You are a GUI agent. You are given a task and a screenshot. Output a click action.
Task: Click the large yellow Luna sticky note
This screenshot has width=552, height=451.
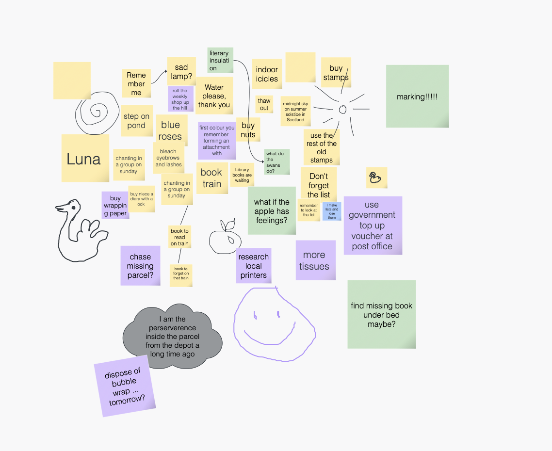click(x=85, y=158)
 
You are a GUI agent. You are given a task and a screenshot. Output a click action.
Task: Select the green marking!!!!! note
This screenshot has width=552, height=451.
click(x=418, y=96)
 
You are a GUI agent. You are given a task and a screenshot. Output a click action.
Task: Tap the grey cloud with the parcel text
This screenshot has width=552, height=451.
click(x=173, y=337)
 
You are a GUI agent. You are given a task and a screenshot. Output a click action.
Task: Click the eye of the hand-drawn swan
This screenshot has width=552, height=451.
click(x=74, y=208)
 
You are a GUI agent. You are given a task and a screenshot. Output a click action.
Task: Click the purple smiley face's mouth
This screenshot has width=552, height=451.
click(x=270, y=336)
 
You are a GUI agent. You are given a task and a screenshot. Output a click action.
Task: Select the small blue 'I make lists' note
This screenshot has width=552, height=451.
click(x=332, y=211)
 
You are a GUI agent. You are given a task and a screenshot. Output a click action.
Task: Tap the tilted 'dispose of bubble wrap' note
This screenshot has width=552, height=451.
click(x=125, y=386)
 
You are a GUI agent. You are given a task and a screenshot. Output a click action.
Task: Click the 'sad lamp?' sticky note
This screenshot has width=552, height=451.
click(x=181, y=71)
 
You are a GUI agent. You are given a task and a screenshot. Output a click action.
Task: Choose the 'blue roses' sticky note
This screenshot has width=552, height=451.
click(x=170, y=130)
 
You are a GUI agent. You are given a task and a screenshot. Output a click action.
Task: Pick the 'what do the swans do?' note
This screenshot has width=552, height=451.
click(x=277, y=162)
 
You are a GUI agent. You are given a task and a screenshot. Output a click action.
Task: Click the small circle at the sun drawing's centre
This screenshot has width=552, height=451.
click(x=342, y=110)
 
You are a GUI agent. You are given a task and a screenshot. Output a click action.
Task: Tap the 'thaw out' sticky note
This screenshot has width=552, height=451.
click(x=264, y=104)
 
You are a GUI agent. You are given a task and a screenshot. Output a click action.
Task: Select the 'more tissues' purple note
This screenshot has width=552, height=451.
click(x=316, y=260)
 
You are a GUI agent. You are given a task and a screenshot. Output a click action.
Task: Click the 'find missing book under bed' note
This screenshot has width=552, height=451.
click(x=382, y=314)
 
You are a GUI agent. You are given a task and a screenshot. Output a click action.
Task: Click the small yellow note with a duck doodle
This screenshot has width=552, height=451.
click(x=377, y=178)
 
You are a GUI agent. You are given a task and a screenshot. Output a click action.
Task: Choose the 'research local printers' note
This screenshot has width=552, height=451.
click(x=254, y=266)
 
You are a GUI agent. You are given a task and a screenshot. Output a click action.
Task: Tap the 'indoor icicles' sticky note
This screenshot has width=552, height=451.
click(x=267, y=74)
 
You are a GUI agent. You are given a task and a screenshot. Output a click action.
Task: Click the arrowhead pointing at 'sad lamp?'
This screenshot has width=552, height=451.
click(x=165, y=71)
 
